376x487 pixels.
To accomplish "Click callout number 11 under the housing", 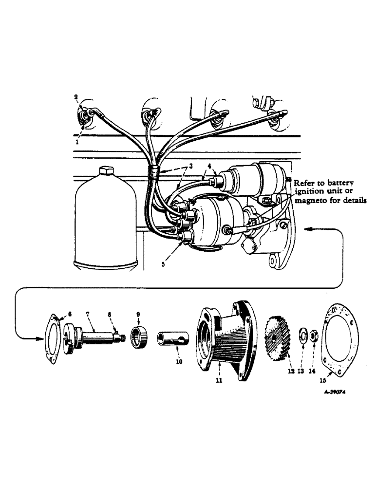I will point(219,380).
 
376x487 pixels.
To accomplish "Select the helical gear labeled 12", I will point(276,336).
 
